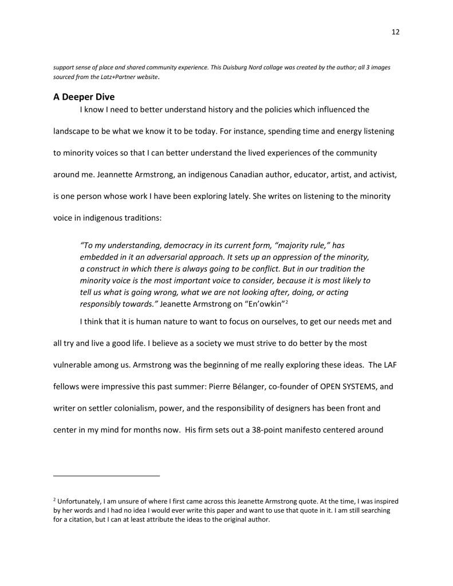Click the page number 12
(x=395, y=32)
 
